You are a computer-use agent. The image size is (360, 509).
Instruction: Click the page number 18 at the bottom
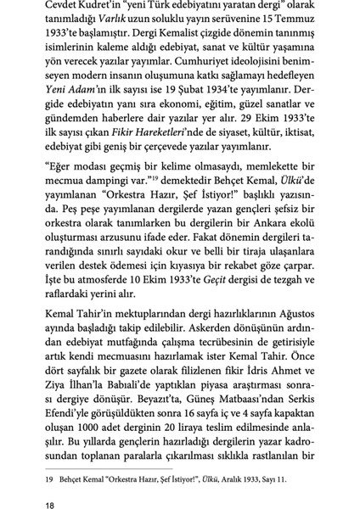point(51,483)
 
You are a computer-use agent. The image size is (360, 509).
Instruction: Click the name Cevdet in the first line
point(65,10)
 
